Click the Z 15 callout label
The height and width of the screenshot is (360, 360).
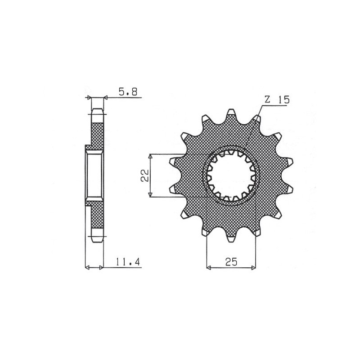(x=276, y=100)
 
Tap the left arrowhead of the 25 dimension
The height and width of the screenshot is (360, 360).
(x=208, y=268)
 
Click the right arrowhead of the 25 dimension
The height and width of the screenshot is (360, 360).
(x=254, y=268)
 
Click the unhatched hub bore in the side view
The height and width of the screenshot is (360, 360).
(x=94, y=175)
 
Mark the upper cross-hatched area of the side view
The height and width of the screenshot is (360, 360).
(x=98, y=133)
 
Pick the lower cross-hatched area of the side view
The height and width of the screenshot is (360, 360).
(x=98, y=218)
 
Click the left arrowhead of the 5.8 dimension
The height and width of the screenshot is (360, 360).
(x=89, y=97)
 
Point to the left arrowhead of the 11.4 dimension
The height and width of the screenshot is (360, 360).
(x=88, y=268)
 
